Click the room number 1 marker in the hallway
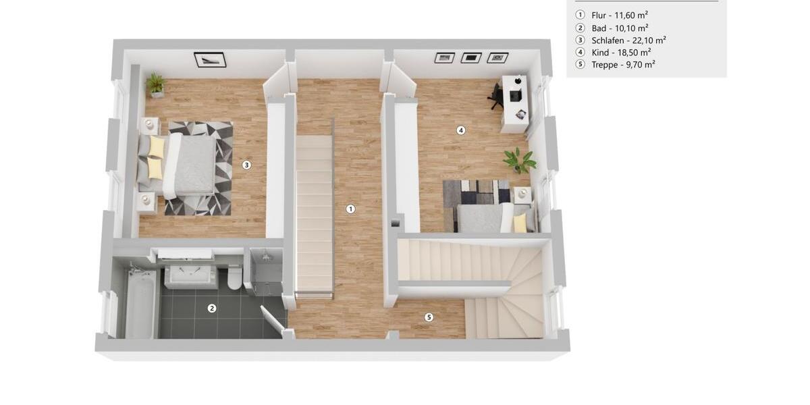pos(350,209)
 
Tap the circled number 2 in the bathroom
pos(212,308)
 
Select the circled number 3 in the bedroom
pos(247,165)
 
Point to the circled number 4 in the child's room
pos(461,130)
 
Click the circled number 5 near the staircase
pos(429,317)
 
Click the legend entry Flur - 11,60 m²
pos(620,15)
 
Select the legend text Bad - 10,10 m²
pos(620,28)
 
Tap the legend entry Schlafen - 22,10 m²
pos(628,40)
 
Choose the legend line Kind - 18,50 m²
pos(621,53)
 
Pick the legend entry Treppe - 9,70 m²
pos(623,65)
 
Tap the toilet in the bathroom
pos(235,277)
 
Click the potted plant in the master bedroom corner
pos(156,85)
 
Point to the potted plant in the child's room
pos(519,160)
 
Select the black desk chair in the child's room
pos(496,96)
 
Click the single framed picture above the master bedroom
pos(210,59)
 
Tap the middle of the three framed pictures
pos(471,58)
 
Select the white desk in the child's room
pos(515,103)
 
